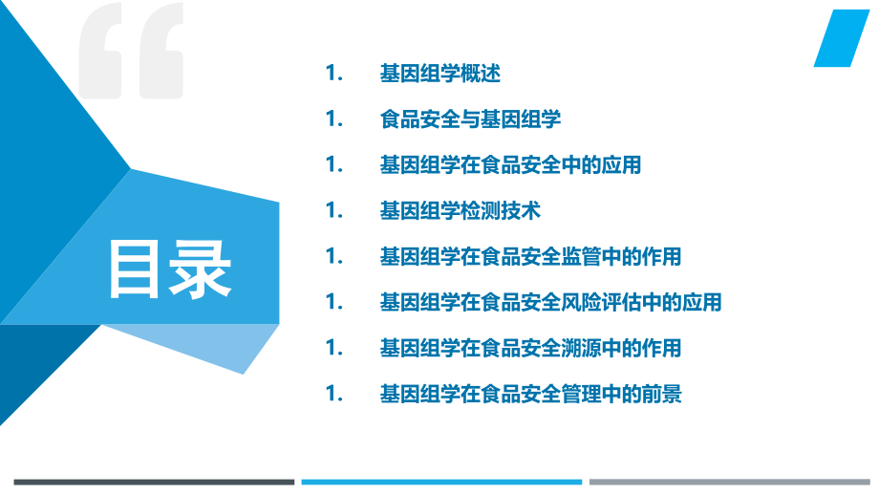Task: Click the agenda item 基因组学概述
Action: click(x=439, y=74)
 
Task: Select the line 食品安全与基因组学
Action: click(x=470, y=119)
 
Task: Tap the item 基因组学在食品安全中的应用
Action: click(x=510, y=165)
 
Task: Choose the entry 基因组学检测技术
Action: click(x=461, y=211)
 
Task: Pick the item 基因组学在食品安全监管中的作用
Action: click(x=530, y=257)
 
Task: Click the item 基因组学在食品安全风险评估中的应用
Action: click(x=550, y=303)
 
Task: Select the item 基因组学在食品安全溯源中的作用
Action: click(x=530, y=348)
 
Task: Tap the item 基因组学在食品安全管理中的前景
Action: click(x=530, y=394)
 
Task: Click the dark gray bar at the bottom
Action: click(x=154, y=482)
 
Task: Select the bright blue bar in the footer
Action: click(x=441, y=482)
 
